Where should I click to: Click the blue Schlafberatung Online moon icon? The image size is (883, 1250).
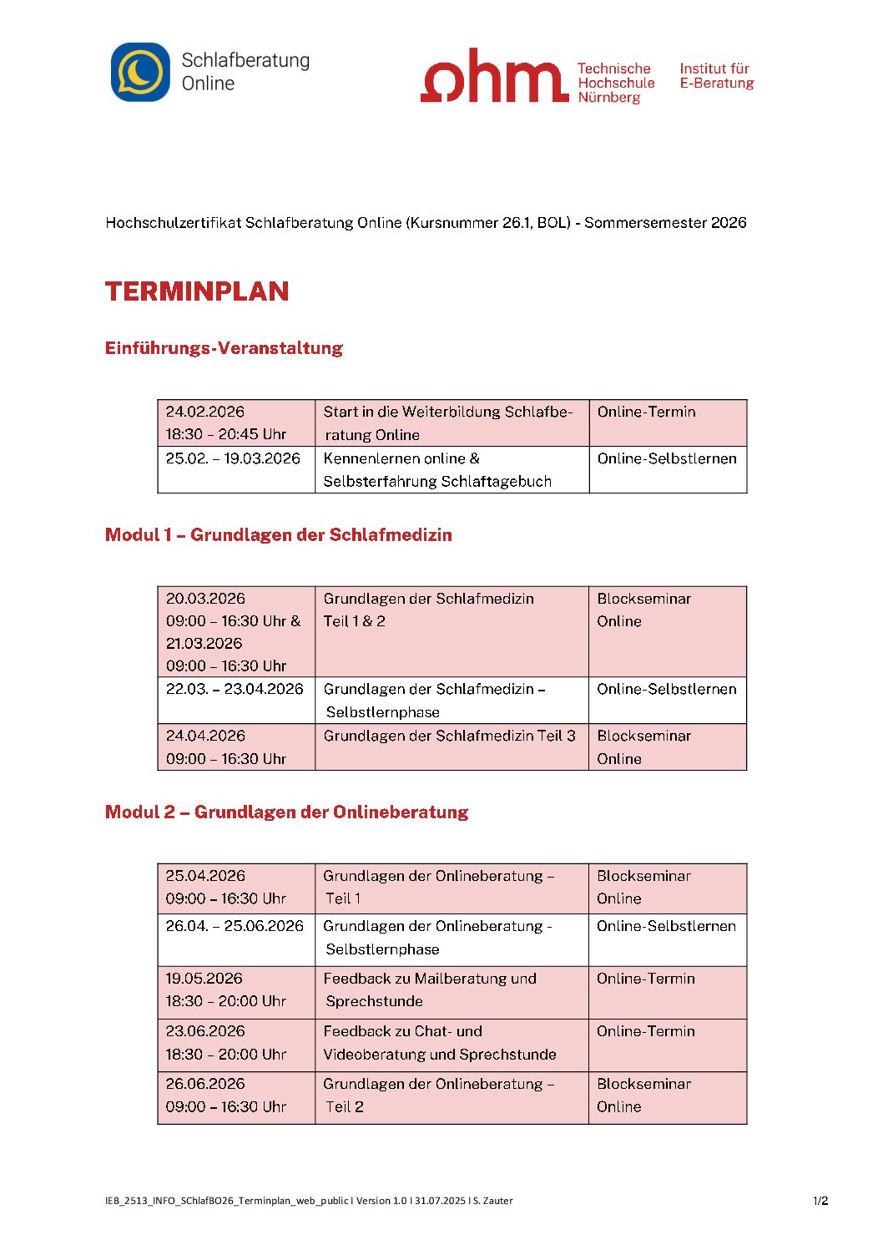point(140,73)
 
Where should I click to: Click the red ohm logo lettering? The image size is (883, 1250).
point(494,76)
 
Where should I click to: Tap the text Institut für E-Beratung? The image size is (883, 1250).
point(716,76)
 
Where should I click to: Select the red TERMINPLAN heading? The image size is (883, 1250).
point(197,291)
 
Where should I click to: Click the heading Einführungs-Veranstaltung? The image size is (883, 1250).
point(224,348)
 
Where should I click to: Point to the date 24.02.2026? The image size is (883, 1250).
point(205,412)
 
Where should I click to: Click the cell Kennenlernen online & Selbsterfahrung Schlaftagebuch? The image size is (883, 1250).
point(436,470)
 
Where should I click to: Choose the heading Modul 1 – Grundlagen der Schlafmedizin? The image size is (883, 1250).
point(278,535)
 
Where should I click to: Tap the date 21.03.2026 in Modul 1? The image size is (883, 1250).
point(204,644)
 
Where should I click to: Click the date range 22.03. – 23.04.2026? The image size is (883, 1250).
point(235,689)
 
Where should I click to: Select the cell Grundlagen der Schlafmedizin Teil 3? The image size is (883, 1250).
point(449,736)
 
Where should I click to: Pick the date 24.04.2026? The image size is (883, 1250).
point(205,736)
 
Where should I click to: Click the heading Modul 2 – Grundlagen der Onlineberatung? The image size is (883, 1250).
point(286,812)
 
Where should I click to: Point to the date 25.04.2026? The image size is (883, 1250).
point(205,876)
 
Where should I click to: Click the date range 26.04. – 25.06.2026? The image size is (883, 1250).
point(235,926)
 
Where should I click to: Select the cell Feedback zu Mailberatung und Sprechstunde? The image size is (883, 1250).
point(429,989)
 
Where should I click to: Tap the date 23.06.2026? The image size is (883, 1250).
point(205,1031)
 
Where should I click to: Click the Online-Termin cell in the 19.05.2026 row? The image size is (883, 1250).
point(645,979)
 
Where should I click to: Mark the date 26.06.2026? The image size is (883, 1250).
point(205,1084)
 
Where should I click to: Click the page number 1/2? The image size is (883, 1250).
point(820,1202)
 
